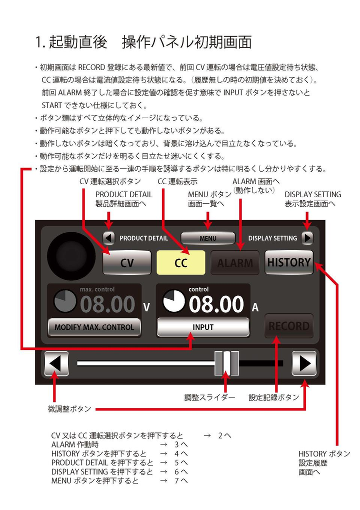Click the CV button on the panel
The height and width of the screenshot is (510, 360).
[x=127, y=263]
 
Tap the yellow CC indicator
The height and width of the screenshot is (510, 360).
[x=181, y=262]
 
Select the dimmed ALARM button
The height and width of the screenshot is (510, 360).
[x=235, y=262]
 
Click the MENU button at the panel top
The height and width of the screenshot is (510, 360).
[x=208, y=238]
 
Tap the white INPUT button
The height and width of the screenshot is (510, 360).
[x=203, y=327]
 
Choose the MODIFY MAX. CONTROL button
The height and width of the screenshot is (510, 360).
[x=94, y=327]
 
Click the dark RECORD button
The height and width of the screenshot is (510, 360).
[x=289, y=326]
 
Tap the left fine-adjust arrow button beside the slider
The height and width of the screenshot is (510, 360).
[x=56, y=364]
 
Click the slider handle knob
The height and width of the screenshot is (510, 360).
[x=227, y=363]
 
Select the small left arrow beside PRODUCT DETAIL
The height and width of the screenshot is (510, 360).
[x=109, y=238]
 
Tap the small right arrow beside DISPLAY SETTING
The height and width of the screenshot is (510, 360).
[x=307, y=238]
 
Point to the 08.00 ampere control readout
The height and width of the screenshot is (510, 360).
[x=216, y=304]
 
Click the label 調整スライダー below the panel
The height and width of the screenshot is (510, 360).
[x=209, y=397]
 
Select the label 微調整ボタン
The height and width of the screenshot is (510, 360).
[x=69, y=409]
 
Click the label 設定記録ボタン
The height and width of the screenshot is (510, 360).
[x=274, y=397]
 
